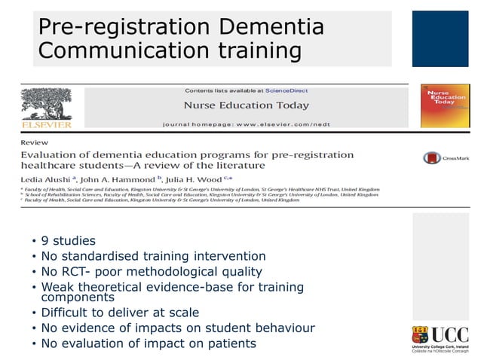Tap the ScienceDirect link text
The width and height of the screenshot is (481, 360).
(286, 90)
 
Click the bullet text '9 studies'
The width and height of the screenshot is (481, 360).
(69, 241)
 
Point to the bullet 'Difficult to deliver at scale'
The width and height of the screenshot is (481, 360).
(120, 313)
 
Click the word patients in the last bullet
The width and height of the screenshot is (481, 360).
(228, 343)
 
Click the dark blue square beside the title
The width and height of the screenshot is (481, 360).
(440, 38)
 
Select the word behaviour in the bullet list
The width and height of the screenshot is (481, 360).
(283, 328)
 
